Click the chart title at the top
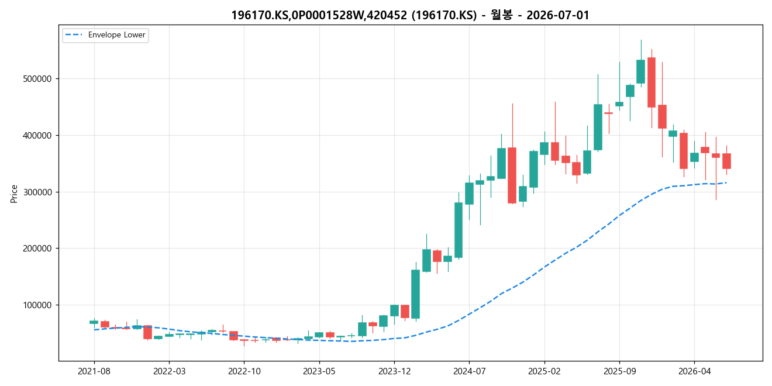click(410, 15)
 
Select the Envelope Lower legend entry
click(105, 35)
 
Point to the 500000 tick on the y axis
click(37, 79)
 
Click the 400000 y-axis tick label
click(37, 136)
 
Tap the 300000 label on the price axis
click(37, 192)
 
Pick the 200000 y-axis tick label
click(37, 249)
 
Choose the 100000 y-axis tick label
click(37, 305)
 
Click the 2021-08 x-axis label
click(94, 371)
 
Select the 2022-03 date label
click(169, 371)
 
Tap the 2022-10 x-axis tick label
click(244, 371)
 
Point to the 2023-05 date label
click(319, 371)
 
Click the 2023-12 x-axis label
click(394, 371)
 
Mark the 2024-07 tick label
click(470, 371)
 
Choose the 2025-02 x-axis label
click(544, 371)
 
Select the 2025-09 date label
click(619, 371)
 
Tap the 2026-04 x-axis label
click(694, 371)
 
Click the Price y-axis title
click(14, 194)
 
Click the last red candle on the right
click(726, 161)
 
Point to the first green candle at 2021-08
click(94, 322)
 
